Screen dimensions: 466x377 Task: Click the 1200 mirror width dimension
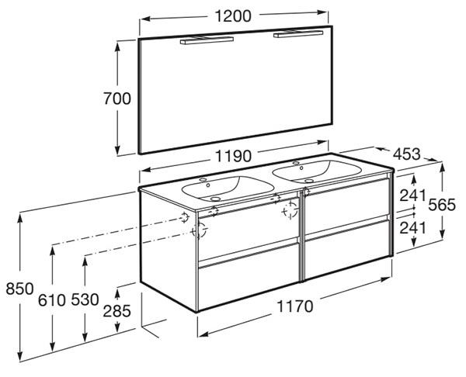(x=233, y=16)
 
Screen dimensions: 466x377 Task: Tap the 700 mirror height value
(x=117, y=99)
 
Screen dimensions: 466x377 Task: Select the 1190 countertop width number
(x=233, y=156)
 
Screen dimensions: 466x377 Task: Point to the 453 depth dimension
(x=406, y=154)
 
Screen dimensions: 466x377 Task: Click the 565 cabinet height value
(x=442, y=205)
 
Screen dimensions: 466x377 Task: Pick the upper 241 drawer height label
(x=413, y=195)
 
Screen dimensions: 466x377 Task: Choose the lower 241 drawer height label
(x=413, y=228)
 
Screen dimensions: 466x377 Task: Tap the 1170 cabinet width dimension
(x=295, y=306)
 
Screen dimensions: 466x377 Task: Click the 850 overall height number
(x=19, y=289)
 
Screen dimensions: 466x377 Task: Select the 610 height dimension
(x=52, y=300)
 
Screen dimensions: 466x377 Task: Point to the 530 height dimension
(x=85, y=300)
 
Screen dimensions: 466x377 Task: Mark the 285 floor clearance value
(x=116, y=311)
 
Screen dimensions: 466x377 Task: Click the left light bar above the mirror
(x=207, y=40)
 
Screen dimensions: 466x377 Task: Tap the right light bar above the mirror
(x=298, y=33)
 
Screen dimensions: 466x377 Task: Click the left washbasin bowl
(x=228, y=188)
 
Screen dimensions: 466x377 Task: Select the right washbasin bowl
(x=317, y=171)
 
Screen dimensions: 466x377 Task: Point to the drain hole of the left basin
(x=215, y=199)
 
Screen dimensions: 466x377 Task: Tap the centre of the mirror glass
(x=236, y=90)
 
